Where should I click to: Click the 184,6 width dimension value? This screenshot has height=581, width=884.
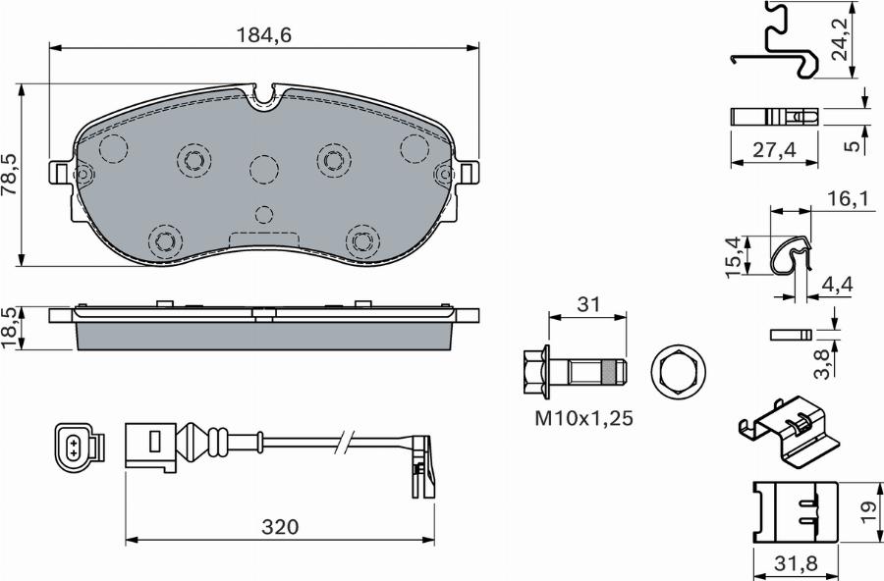[x=265, y=34]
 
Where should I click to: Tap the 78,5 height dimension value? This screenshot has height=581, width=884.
[x=11, y=174]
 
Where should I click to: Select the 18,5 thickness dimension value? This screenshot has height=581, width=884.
[x=11, y=328]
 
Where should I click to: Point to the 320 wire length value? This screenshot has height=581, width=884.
[x=280, y=527]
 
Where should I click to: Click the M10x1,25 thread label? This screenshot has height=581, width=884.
[x=583, y=418]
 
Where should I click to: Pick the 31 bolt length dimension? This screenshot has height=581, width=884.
[x=587, y=305]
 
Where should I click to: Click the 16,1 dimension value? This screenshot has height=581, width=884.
[x=848, y=200]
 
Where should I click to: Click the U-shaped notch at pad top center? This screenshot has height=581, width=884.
[x=262, y=95]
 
